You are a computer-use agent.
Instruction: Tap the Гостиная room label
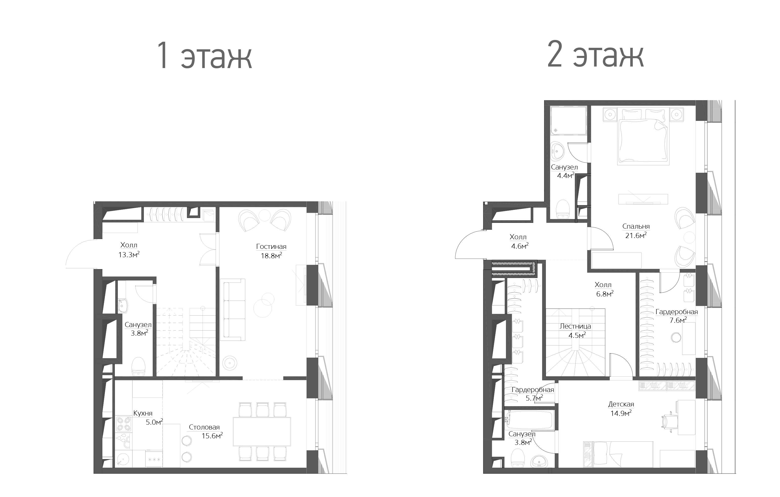[x=271, y=247]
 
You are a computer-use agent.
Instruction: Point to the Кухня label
[x=143, y=414]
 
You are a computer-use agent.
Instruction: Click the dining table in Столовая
[x=262, y=431]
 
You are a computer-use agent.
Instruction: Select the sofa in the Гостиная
[x=233, y=309]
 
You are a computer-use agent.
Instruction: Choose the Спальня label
[x=636, y=226]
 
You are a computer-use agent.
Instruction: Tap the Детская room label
[x=621, y=404]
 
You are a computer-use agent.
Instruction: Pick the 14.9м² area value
[x=621, y=414]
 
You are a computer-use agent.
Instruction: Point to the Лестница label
[x=575, y=326]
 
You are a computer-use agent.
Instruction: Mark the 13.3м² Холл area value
[x=129, y=255]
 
